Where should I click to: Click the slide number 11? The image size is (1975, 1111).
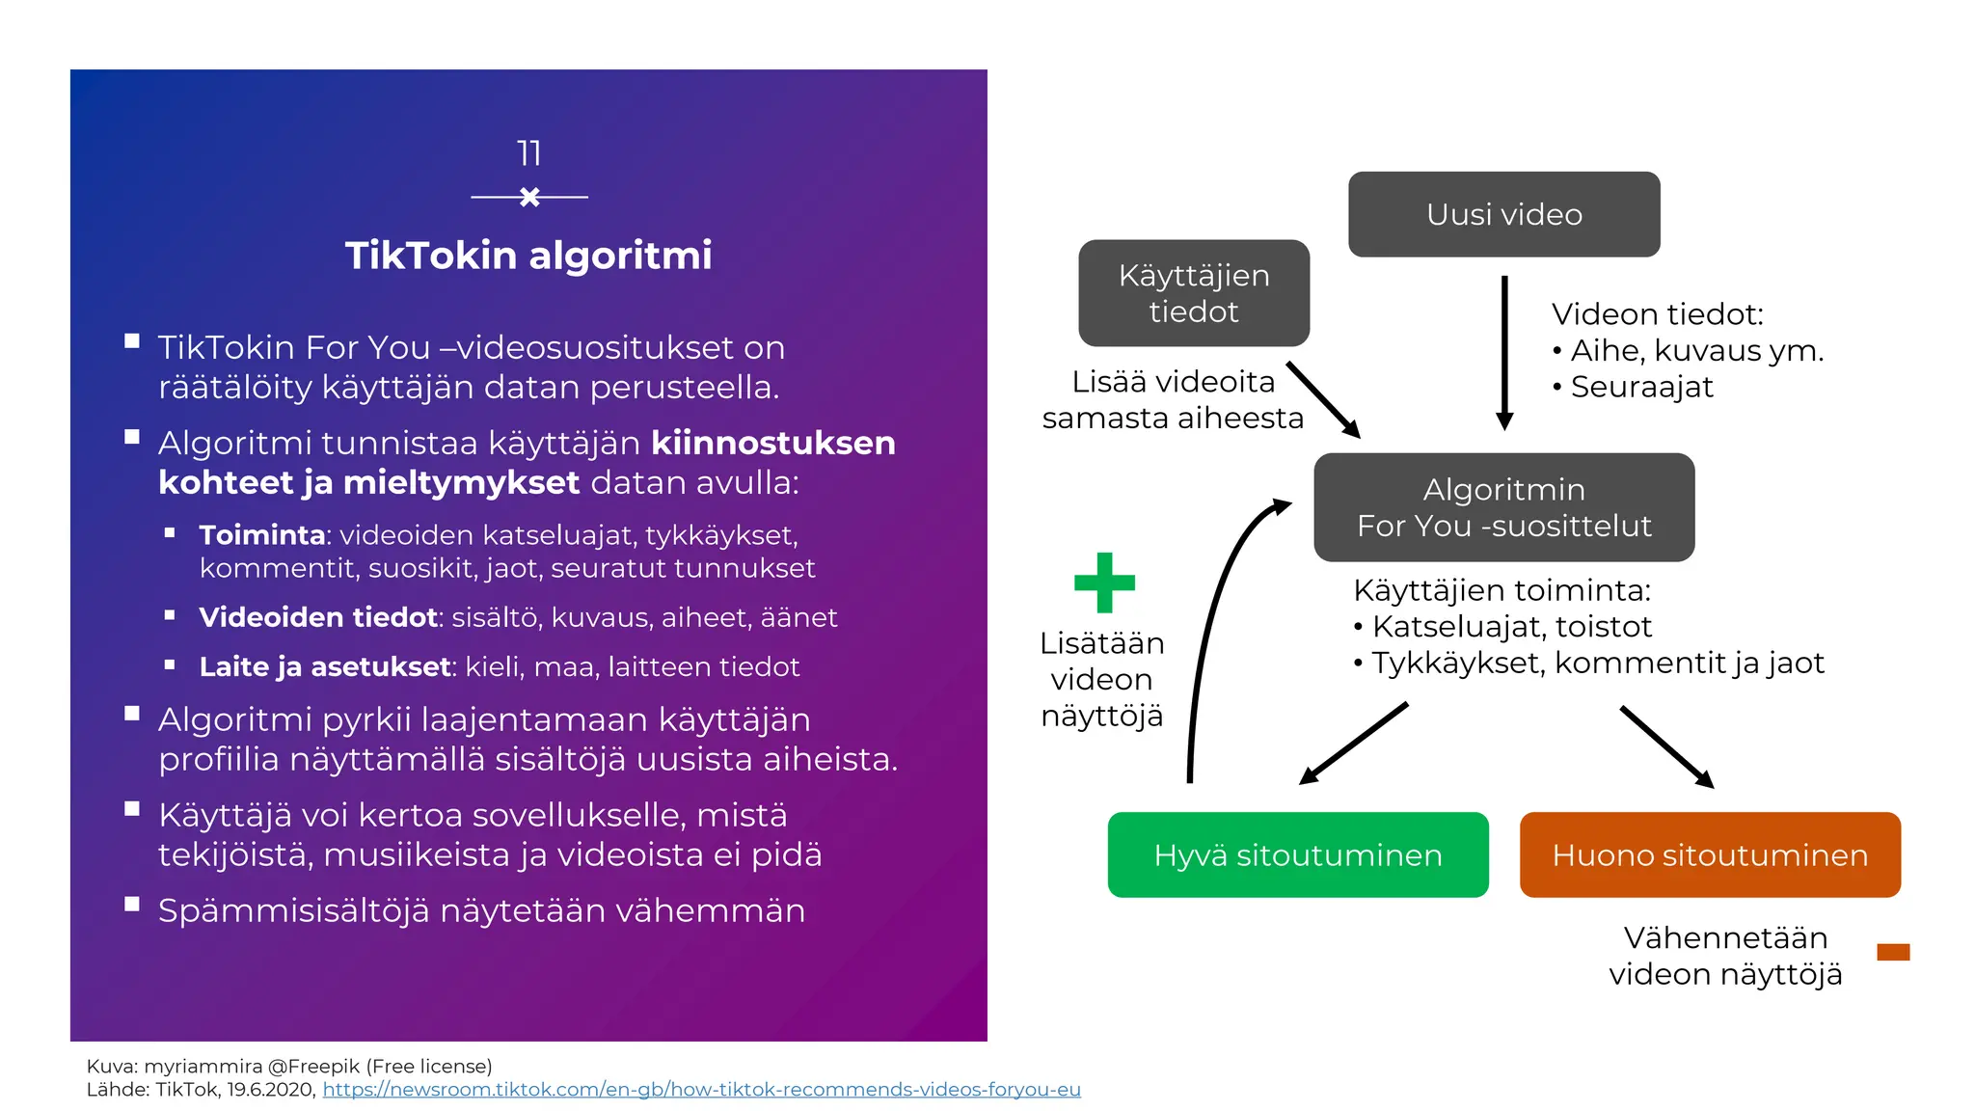(528, 153)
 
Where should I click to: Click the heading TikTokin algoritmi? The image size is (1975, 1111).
(528, 256)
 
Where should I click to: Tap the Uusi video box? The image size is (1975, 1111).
(1503, 214)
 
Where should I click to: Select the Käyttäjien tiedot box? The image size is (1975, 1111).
(1193, 293)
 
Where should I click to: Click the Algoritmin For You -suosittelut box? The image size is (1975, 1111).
(1503, 507)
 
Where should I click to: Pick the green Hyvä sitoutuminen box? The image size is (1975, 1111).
(1297, 855)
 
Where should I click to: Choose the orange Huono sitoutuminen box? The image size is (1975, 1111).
(1709, 855)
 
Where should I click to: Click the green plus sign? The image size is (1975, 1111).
(1104, 583)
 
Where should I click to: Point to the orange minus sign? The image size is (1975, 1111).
(1893, 953)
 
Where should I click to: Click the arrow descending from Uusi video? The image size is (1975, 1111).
(1504, 352)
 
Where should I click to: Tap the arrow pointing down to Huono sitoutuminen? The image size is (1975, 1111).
(1666, 746)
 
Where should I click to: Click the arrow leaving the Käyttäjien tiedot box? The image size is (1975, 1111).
(1323, 399)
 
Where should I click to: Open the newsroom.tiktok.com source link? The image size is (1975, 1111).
(701, 1090)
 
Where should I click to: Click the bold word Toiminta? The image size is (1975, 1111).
(261, 535)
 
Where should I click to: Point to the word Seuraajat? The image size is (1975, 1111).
(1641, 388)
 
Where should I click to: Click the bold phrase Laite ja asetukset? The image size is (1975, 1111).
(325, 667)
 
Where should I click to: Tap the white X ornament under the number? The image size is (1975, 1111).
(529, 197)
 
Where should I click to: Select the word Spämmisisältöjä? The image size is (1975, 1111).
(293, 911)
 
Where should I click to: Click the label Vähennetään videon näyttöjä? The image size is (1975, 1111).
(1724, 956)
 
